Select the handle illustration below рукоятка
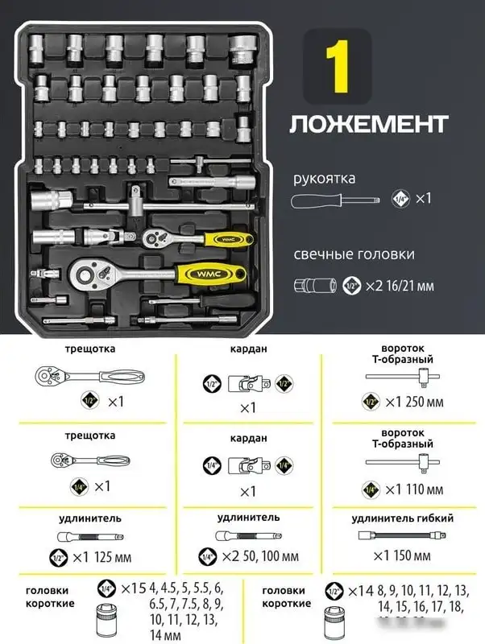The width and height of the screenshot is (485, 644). pos(335,198)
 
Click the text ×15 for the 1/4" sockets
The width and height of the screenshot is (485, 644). pos(132,587)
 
